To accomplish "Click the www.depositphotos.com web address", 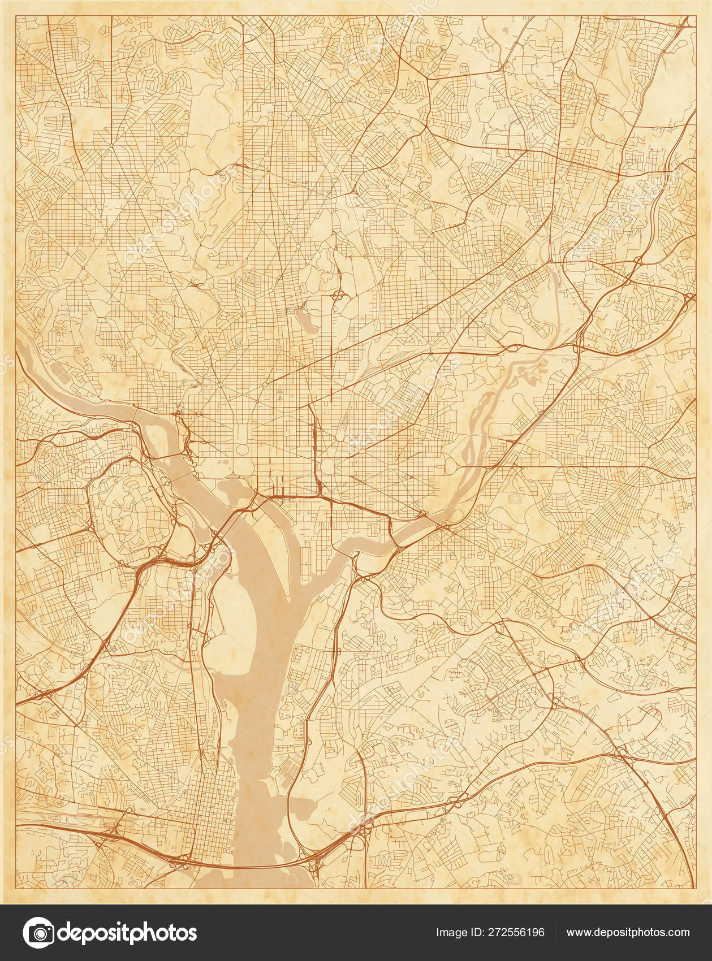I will [x=628, y=933].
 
